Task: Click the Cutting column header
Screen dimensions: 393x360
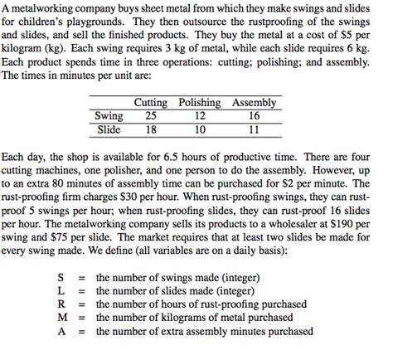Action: click(x=150, y=103)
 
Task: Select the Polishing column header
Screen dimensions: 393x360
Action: click(x=200, y=103)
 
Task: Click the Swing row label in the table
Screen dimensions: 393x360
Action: click(x=109, y=116)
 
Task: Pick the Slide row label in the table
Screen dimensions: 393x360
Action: click(x=109, y=129)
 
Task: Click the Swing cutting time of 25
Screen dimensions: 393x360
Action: click(x=150, y=116)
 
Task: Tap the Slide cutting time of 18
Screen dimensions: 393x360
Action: click(x=150, y=129)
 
